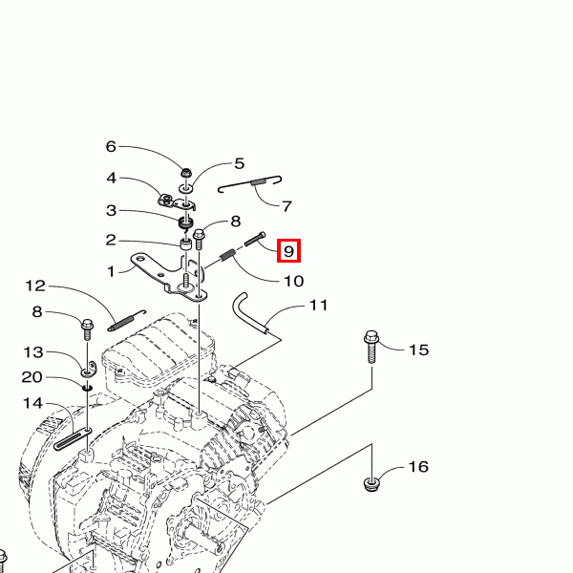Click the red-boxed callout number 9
[288, 251]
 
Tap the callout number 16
[418, 467]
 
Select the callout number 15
[419, 350]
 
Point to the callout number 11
[318, 306]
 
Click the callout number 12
[35, 286]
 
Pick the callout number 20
[32, 377]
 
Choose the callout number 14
[32, 403]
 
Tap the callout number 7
[287, 206]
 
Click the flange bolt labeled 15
[371, 347]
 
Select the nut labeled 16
[371, 484]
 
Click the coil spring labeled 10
[228, 254]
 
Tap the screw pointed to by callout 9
[255, 239]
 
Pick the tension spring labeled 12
[126, 321]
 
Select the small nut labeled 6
[187, 171]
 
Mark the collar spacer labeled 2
[186, 244]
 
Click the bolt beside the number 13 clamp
[87, 329]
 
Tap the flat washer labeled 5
[186, 189]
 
